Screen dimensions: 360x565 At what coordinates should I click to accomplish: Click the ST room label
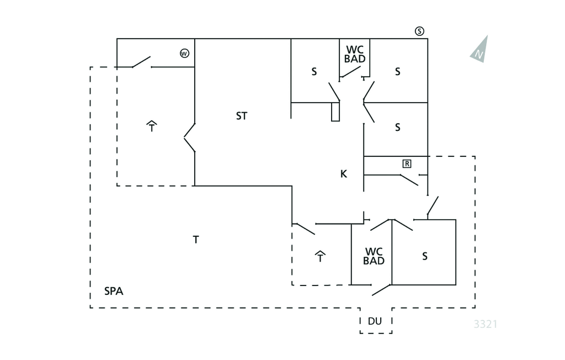point(242,116)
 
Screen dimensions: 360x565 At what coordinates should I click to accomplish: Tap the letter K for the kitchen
point(344,174)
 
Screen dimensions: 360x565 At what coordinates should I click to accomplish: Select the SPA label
point(114,291)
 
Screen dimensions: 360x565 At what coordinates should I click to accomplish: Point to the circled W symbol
point(184,54)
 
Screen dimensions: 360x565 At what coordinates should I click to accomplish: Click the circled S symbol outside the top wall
point(420,31)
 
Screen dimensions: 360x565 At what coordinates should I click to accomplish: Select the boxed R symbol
point(407,163)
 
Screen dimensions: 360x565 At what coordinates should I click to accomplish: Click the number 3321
point(486,324)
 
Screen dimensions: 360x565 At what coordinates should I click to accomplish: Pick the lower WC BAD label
point(374,256)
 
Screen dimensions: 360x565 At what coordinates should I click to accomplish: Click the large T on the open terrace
point(196,240)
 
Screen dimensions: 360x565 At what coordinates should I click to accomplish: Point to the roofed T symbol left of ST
point(152,126)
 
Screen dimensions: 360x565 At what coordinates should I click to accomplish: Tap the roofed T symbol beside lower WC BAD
point(320,256)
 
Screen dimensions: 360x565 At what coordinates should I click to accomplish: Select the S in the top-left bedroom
point(315,71)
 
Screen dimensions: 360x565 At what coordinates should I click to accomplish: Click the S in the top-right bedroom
point(397,71)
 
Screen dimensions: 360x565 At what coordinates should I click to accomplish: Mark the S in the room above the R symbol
point(397,128)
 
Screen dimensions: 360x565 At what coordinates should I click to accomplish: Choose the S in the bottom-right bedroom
point(425,256)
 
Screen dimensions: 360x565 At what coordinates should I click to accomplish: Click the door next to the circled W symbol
point(141,61)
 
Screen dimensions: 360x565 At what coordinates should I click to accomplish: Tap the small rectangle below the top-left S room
point(335,112)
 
